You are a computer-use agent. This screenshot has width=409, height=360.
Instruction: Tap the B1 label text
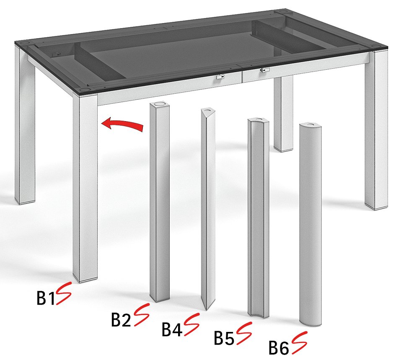click(46, 298)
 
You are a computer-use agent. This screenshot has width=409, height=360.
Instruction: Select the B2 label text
click(121, 319)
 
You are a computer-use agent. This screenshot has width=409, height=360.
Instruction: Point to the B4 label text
click(172, 329)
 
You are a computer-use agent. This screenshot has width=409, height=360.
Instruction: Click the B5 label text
click(224, 338)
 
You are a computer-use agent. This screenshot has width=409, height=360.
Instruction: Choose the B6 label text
click(279, 347)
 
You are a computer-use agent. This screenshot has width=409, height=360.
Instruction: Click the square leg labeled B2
click(159, 202)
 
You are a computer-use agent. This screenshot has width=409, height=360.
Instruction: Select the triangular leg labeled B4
click(208, 209)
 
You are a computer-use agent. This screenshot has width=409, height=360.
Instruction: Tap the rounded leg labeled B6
click(310, 224)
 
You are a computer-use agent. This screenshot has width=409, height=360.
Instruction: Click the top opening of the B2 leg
click(159, 105)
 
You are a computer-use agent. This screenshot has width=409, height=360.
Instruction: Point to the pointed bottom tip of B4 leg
click(207, 310)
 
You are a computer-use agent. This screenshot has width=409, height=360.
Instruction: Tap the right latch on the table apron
click(264, 70)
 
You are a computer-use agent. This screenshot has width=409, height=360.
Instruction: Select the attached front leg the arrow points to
click(85, 188)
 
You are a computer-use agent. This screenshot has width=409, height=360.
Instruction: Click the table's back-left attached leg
click(25, 125)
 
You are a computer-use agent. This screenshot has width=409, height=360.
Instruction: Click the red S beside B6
click(299, 342)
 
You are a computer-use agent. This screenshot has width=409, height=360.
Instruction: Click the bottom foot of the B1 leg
click(85, 279)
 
